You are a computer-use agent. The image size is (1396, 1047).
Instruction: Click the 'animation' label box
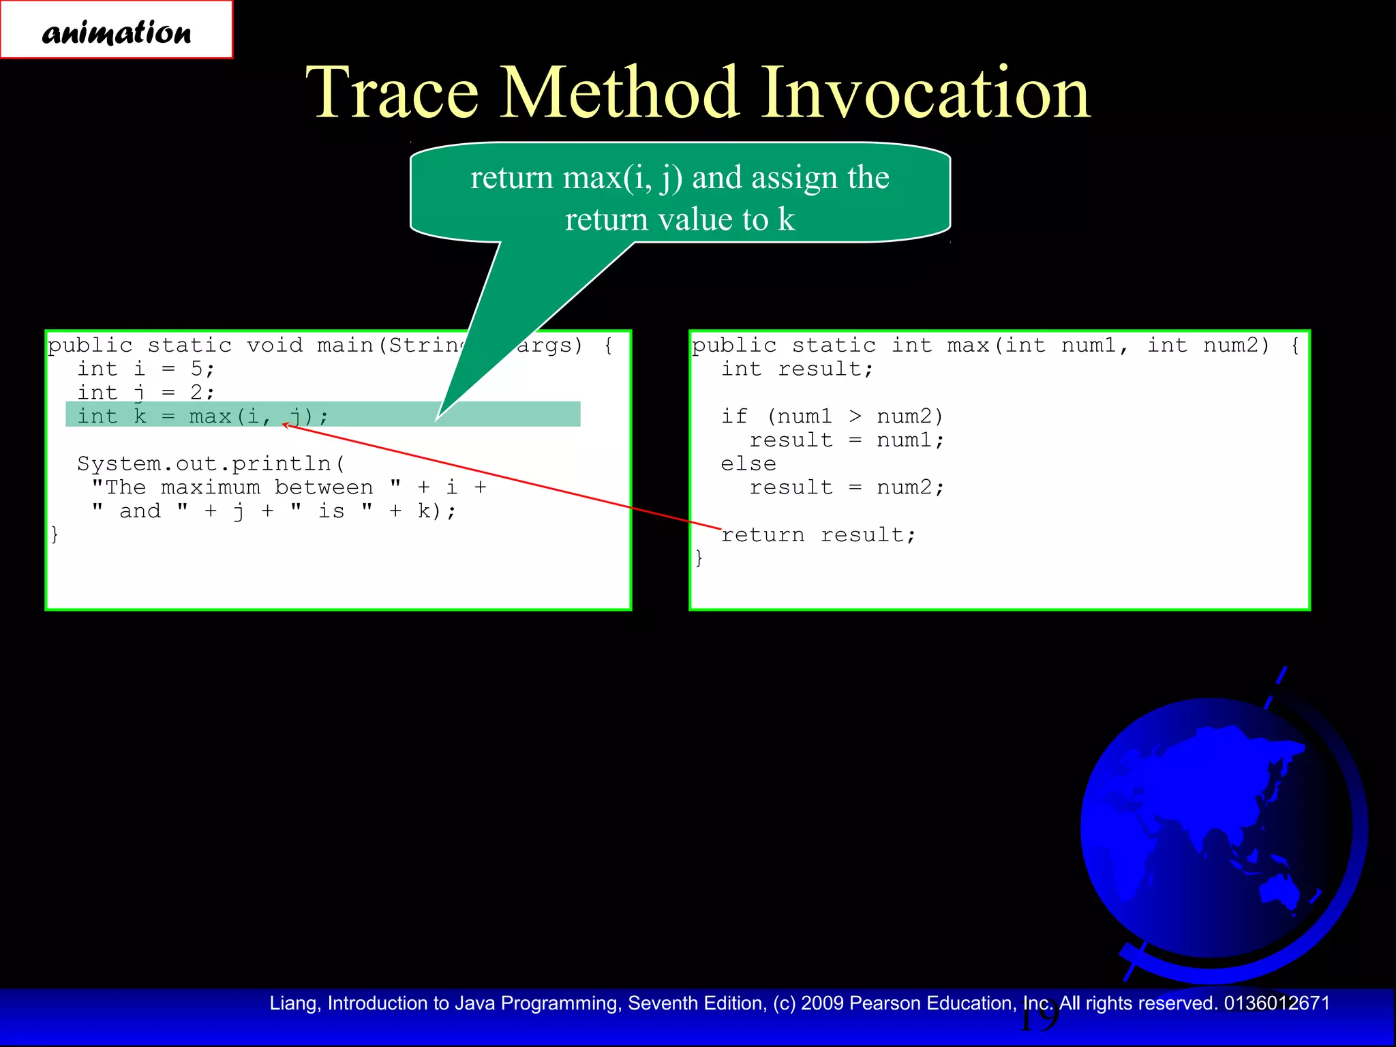117,31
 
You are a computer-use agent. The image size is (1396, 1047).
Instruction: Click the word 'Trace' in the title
392,93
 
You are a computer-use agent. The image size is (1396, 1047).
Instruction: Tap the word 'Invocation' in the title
925,93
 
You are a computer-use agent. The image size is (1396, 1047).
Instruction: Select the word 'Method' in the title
620,93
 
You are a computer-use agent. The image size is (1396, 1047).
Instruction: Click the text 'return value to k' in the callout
680,220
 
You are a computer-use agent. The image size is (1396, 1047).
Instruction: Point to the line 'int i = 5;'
146,369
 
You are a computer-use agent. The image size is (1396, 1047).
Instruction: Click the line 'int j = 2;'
146,393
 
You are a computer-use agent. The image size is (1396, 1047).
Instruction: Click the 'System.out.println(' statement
211,464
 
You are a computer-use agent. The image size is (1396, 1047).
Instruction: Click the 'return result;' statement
818,535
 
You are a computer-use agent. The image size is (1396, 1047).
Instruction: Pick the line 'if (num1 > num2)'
832,416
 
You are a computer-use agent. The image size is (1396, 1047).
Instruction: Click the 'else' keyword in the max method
748,464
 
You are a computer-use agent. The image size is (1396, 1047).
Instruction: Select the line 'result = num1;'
847,440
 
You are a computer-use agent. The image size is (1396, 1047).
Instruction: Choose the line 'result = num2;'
847,488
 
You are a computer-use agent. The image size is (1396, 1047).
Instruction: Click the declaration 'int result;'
797,369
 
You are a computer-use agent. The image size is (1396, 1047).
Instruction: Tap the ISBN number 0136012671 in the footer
1277,1003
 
